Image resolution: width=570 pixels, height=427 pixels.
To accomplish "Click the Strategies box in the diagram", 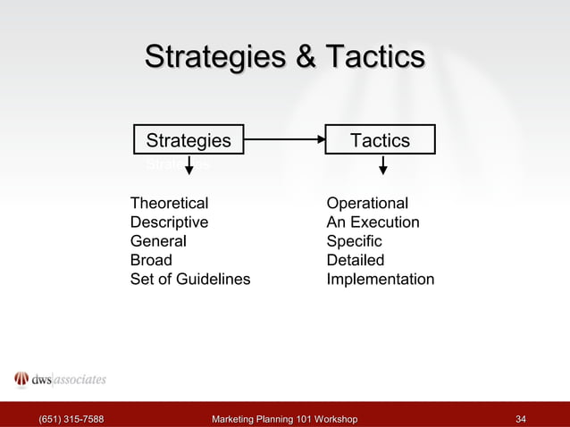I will [x=189, y=140].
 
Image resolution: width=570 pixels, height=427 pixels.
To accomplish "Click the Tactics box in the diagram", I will [x=380, y=140].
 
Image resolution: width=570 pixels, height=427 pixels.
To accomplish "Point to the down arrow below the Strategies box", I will [x=189, y=167].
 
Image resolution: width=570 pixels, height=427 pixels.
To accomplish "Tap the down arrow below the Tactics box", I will [x=383, y=167].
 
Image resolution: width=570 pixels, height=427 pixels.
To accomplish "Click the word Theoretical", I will [x=169, y=203].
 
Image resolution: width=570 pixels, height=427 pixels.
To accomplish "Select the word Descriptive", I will [x=169, y=222].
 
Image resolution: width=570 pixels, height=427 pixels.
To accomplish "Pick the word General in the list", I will [x=158, y=241].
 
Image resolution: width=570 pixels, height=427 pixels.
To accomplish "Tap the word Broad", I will [x=151, y=261].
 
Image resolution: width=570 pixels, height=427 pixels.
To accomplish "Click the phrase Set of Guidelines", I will [x=190, y=280].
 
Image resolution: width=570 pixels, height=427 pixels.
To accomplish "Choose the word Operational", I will [x=367, y=203].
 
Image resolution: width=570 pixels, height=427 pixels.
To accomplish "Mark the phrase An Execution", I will [x=373, y=222].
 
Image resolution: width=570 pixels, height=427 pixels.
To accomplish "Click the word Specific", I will [x=354, y=241].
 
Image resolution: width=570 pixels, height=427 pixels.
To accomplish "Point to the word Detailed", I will [x=355, y=261].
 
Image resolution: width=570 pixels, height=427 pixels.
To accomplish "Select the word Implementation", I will [x=381, y=280].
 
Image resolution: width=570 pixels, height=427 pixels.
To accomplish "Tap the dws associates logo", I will [x=60, y=379].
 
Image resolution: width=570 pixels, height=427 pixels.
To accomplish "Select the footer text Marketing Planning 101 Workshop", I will [x=284, y=418].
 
